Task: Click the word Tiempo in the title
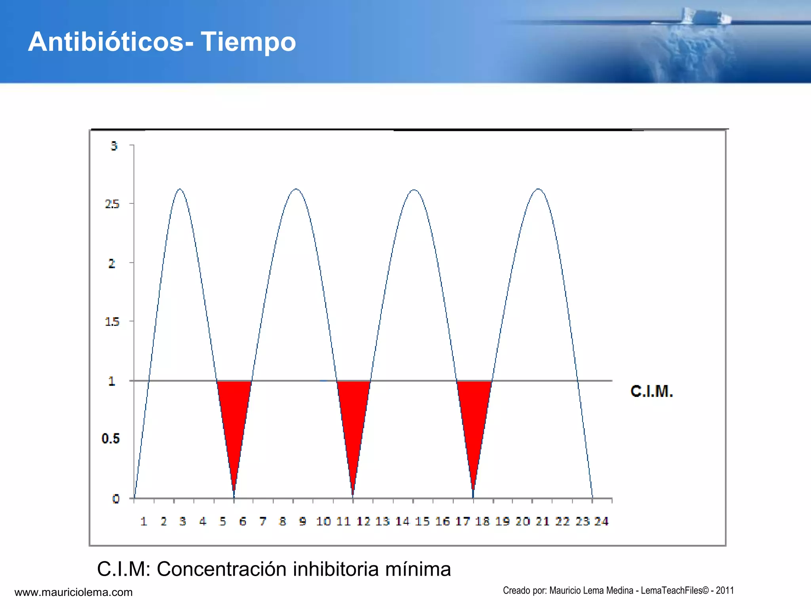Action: (248, 42)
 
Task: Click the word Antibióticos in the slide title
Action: (106, 42)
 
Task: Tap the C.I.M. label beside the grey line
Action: (651, 391)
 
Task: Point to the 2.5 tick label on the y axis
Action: (112, 204)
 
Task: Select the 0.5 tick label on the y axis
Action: (110, 439)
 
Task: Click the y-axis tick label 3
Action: (114, 146)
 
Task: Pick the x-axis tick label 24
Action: (601, 521)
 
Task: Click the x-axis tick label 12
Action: (363, 521)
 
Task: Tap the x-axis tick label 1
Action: (144, 521)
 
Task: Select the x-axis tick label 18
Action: (482, 521)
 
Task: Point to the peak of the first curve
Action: (180, 190)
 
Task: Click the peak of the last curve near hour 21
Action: (539, 190)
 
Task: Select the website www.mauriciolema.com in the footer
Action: (74, 592)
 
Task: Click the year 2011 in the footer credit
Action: (725, 590)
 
